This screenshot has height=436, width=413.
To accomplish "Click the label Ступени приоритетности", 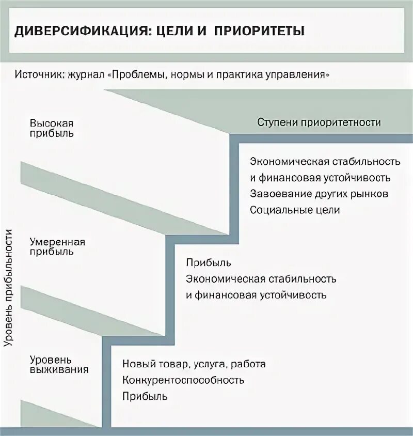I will tap(319, 123).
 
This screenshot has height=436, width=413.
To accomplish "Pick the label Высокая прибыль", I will tap(52, 128).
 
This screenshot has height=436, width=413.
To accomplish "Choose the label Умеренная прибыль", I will tap(57, 247).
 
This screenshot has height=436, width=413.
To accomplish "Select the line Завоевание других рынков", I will tap(319, 194).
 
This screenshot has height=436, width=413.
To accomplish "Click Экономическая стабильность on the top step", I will tap(325, 161).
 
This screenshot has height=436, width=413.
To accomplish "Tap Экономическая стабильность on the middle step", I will tap(261, 279).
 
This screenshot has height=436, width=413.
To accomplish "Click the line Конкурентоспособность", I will tap(183, 380).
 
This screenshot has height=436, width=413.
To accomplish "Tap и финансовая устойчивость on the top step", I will tap(320, 178).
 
